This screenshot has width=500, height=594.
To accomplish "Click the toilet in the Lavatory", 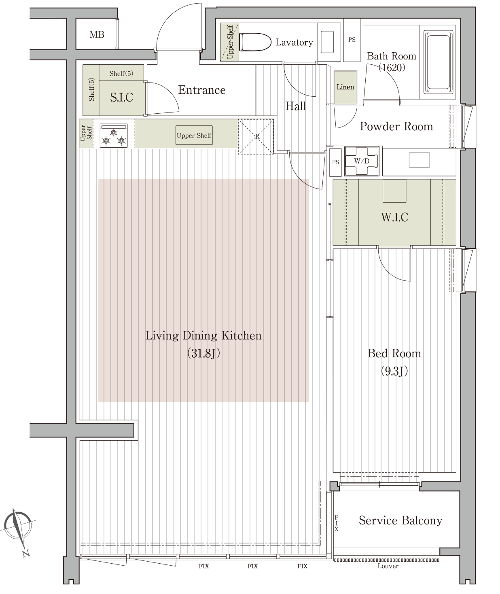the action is click(255, 42).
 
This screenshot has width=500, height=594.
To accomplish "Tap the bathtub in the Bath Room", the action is click(438, 62).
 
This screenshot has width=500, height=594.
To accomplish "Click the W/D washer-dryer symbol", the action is click(362, 161).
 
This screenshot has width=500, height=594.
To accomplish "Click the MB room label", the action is click(97, 35).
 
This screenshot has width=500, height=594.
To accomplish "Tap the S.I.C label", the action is click(121, 97).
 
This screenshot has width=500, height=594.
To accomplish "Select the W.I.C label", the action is click(394, 217).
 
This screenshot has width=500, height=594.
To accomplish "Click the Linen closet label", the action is click(345, 87).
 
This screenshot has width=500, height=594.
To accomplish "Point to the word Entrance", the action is click(202, 90).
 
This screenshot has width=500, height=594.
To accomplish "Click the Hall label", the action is click(295, 106).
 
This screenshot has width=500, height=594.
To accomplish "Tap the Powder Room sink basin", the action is click(419, 160).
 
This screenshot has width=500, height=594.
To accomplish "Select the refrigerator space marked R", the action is click(256, 136).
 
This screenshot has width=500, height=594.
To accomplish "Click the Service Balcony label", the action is click(400, 521).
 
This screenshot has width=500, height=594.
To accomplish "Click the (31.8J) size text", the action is click(203, 353).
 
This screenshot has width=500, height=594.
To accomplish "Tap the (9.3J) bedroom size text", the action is click(394, 371).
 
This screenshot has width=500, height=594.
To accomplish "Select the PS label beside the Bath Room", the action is click(352, 40).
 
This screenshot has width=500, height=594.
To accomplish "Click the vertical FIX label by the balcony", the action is click(337, 524).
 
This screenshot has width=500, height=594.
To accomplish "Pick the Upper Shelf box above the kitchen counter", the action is click(194, 135).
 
